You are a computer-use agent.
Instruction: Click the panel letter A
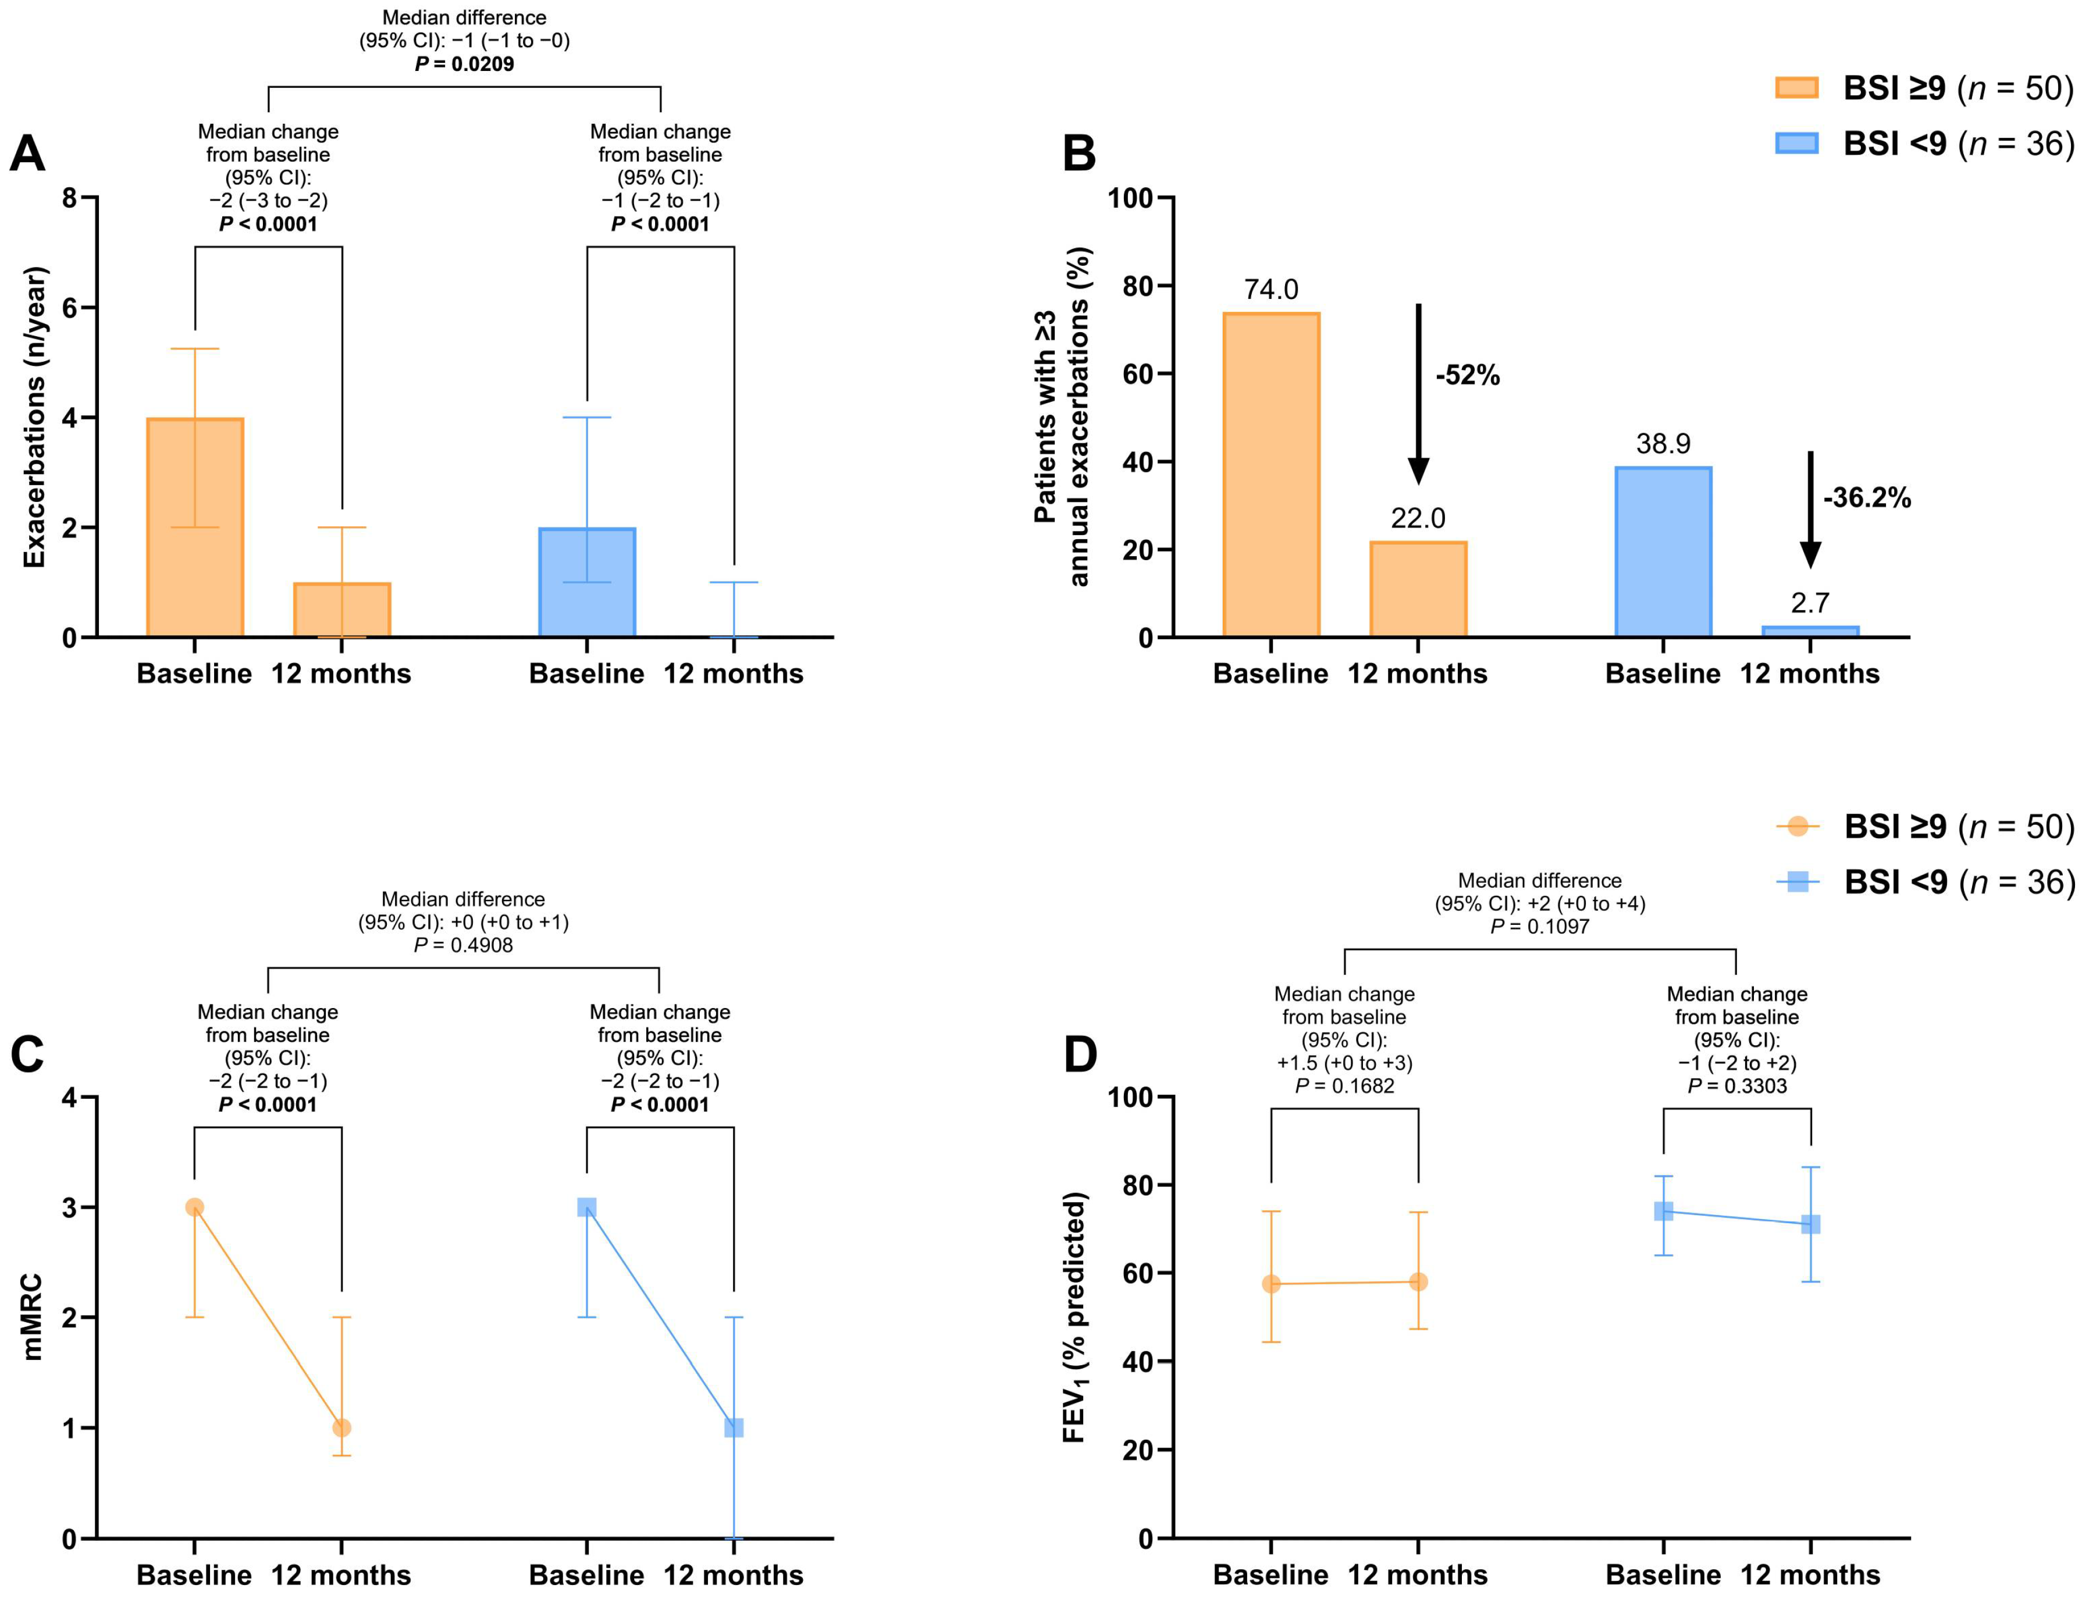pyautogui.click(x=27, y=153)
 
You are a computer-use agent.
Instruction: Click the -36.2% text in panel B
pyautogui.click(x=1866, y=498)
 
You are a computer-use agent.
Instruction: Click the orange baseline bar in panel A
pyautogui.click(x=195, y=528)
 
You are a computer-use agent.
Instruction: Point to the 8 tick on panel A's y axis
pyautogui.click(x=69, y=198)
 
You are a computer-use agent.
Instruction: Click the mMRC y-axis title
pyautogui.click(x=33, y=1317)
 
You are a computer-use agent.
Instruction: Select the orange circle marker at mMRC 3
pyautogui.click(x=194, y=1207)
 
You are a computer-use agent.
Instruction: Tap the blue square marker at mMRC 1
pyautogui.click(x=733, y=1427)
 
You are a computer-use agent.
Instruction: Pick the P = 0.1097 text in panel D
pyautogui.click(x=1539, y=926)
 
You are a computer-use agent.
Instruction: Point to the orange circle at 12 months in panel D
pyautogui.click(x=1418, y=1282)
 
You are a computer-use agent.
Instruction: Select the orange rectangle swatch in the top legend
pyautogui.click(x=1796, y=88)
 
